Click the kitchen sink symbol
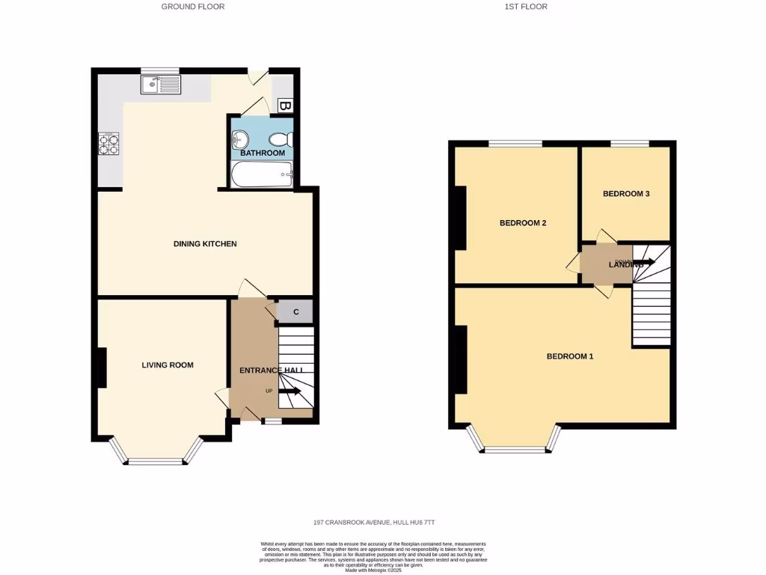click(x=160, y=85)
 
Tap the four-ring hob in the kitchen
click(x=109, y=143)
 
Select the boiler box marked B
click(x=284, y=106)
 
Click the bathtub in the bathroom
click(x=260, y=176)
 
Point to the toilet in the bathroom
click(x=282, y=139)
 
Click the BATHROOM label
click(x=263, y=153)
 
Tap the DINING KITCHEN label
click(x=205, y=244)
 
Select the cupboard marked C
click(x=296, y=312)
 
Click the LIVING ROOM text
click(x=168, y=365)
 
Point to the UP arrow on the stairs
click(x=289, y=391)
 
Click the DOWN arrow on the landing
click(x=642, y=262)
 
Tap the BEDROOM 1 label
click(x=570, y=356)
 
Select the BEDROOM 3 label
click(x=626, y=194)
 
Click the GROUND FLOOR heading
click(x=193, y=7)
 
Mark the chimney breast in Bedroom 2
click(x=460, y=217)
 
